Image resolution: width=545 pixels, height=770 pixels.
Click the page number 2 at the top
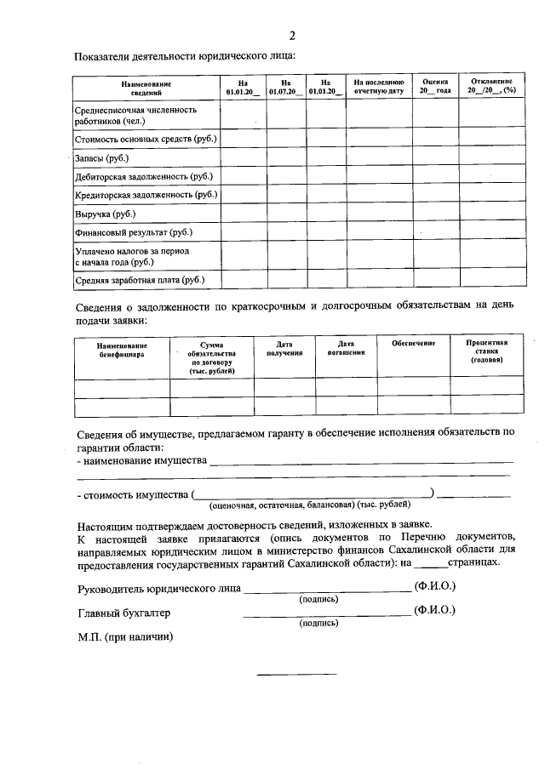pyautogui.click(x=291, y=36)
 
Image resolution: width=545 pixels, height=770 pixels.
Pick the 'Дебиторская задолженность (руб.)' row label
pyautogui.click(x=144, y=176)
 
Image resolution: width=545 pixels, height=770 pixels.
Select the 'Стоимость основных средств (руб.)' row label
pyautogui.click(x=146, y=139)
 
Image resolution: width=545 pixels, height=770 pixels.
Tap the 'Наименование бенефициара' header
pyautogui.click(x=122, y=350)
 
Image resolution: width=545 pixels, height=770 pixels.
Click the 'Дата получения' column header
pyautogui.click(x=284, y=347)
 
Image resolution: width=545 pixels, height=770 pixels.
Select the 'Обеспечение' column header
pyautogui.click(x=414, y=343)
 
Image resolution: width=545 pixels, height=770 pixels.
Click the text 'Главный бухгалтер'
pyautogui.click(x=124, y=613)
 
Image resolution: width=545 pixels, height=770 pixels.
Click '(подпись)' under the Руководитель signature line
pyautogui.click(x=318, y=599)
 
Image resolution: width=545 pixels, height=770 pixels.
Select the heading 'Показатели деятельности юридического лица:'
pyautogui.click(x=186, y=56)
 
